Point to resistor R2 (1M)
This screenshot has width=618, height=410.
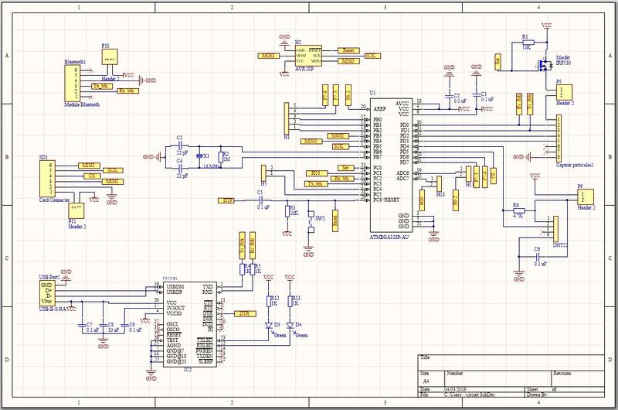(x=222, y=157)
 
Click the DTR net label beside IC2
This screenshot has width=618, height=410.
(x=244, y=314)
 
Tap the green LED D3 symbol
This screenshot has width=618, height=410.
(x=270, y=326)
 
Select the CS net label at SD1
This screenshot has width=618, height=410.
(x=91, y=176)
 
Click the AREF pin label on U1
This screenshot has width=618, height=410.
(x=379, y=110)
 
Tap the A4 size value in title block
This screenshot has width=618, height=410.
(x=425, y=382)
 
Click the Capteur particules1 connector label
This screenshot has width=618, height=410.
(x=575, y=165)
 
